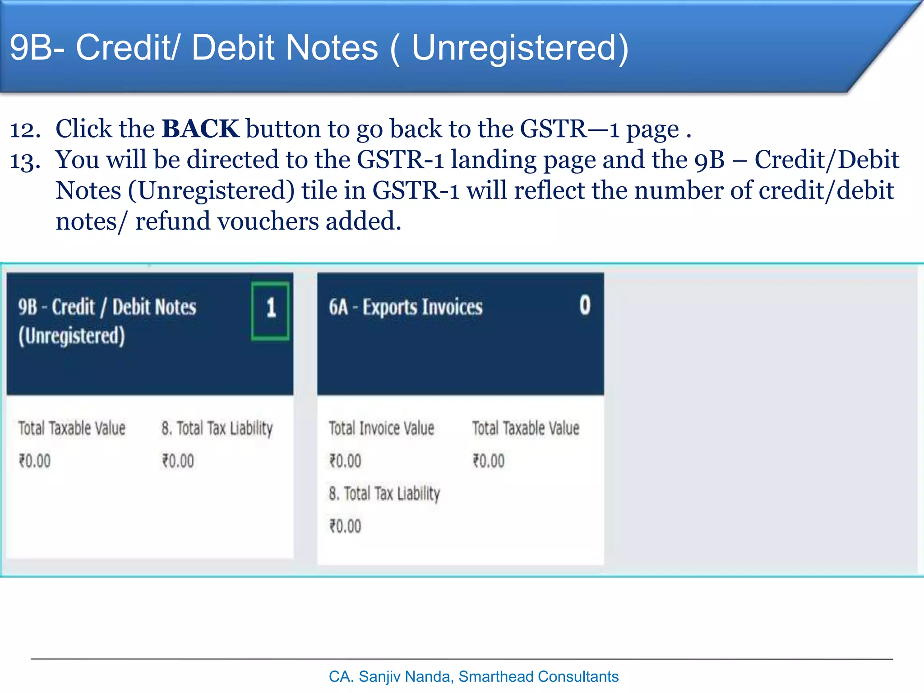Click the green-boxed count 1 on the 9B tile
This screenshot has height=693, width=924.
coord(270,310)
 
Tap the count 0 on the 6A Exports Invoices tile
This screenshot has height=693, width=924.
coord(585,305)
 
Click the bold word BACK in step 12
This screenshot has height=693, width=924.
coord(200,129)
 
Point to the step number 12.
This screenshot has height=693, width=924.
coord(25,130)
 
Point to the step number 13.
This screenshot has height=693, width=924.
coord(25,161)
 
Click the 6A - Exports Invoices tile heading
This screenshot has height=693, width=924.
coord(406,307)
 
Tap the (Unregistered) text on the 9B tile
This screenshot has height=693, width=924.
coord(72,336)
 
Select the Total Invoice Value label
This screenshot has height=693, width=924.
coord(381,428)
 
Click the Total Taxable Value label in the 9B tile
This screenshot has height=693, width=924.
coord(72,428)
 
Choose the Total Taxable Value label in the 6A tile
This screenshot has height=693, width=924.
coord(526,428)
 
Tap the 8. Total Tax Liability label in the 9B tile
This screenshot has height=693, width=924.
coord(217,428)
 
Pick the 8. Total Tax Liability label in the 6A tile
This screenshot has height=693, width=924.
coord(384,494)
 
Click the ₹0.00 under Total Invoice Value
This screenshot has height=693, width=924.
coord(345,461)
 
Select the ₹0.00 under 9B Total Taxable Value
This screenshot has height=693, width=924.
coord(35,461)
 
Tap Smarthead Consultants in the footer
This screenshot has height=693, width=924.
coord(538,677)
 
